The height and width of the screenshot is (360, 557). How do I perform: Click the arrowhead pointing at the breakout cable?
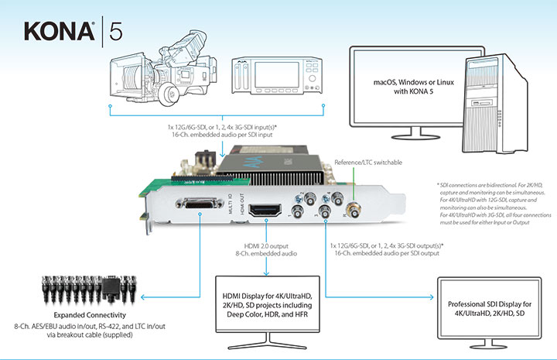(142, 294)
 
